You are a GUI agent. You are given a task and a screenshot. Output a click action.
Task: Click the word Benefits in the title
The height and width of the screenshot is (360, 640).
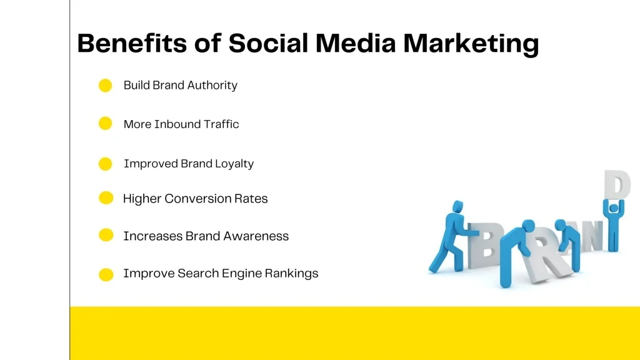click(132, 43)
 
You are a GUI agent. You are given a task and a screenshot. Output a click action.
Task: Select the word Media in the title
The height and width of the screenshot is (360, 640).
click(356, 43)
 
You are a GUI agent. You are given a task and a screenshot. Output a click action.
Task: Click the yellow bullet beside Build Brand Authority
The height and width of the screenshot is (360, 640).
click(105, 85)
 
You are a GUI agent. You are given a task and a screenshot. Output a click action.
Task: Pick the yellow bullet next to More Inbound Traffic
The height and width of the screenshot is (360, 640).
click(105, 123)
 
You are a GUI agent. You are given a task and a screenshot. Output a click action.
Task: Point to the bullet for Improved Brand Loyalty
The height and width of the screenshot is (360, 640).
click(105, 164)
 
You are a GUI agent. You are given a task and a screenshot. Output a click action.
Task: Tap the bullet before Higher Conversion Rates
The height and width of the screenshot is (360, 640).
click(106, 198)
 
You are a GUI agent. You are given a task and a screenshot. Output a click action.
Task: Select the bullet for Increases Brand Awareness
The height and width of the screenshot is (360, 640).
click(106, 235)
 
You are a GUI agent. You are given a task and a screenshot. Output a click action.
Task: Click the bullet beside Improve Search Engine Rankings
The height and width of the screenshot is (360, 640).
click(106, 274)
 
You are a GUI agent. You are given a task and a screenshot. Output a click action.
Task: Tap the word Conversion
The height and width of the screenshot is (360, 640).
click(197, 199)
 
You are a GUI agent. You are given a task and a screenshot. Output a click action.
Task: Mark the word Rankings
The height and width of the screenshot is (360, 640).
click(291, 274)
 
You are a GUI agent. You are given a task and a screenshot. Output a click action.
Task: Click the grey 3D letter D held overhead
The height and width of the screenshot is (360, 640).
click(617, 184)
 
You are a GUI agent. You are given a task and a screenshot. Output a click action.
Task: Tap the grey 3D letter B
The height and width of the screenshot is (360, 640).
click(485, 246)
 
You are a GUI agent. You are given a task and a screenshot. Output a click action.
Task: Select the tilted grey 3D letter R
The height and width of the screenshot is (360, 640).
click(545, 256)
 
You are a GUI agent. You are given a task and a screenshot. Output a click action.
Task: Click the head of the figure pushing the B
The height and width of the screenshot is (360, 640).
click(457, 206)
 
